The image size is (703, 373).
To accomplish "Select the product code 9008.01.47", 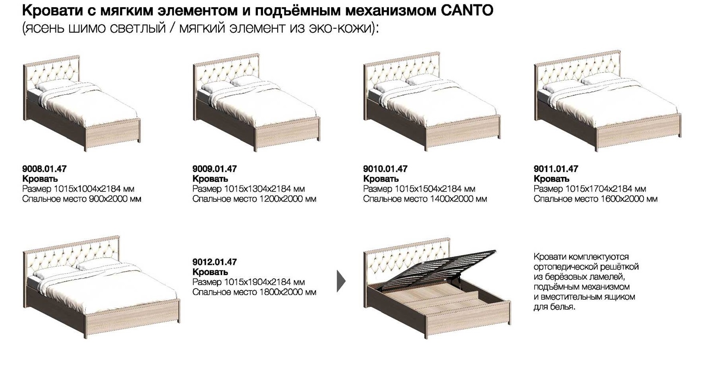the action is coord(44,169).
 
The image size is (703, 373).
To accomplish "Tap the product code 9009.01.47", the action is coord(215,169).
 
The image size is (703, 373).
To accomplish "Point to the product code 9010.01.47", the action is coord(385,169).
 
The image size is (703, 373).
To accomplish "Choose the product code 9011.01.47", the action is coord(556,169).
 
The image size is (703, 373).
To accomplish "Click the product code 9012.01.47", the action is coord(215,262).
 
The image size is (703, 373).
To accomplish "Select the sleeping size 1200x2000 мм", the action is coord(288,199).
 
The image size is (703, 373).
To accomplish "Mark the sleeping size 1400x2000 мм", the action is coord(459,199).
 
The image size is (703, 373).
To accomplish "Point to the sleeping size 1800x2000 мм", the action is coord(288,292).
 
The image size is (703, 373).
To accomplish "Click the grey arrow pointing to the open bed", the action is coord(341,281).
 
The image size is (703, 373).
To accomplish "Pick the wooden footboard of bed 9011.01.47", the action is coord(638,132).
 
